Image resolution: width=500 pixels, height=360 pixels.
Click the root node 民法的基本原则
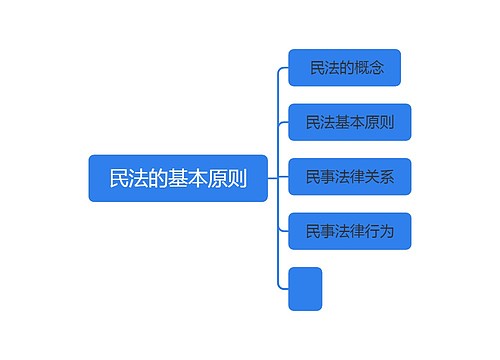[178, 179]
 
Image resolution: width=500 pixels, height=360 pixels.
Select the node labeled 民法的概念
[344, 68]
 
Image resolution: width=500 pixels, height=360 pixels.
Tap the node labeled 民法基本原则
[350, 123]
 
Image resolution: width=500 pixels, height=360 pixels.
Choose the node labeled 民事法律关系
[350, 178]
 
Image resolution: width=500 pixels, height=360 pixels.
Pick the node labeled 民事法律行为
[350, 232]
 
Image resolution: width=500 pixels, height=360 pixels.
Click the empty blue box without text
[305, 288]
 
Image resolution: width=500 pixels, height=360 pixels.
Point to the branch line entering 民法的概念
[282, 68]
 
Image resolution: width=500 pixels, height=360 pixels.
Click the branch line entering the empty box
[282, 288]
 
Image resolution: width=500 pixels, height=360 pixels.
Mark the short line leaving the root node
[272, 179]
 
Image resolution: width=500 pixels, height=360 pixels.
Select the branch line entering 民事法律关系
[283, 178]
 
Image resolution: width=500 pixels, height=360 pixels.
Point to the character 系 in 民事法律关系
[387, 178]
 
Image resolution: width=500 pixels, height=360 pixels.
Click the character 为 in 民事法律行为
[387, 232]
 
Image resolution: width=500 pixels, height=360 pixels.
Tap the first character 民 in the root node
[118, 179]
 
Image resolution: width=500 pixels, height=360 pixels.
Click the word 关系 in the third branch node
[379, 178]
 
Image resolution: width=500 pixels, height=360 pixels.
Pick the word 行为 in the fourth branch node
[379, 232]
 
